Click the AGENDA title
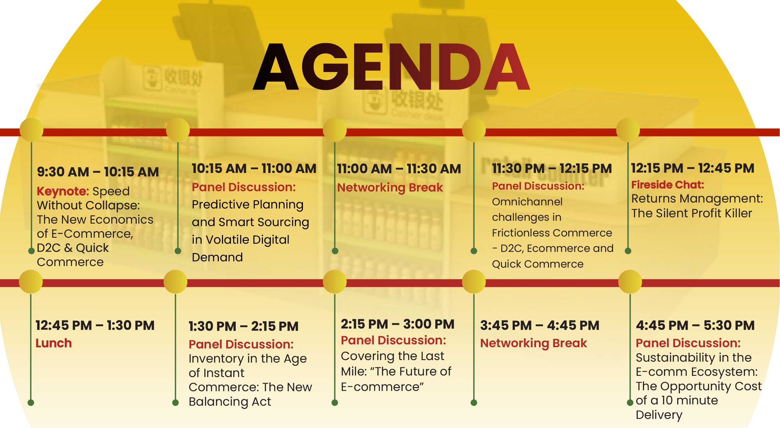click(391, 67)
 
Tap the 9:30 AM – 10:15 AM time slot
click(98, 172)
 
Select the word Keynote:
click(63, 192)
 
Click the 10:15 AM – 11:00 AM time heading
click(254, 169)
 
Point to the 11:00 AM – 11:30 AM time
click(399, 169)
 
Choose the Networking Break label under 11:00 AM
click(390, 188)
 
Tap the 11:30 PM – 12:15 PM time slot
click(552, 169)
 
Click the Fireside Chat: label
click(667, 185)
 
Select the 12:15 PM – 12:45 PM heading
click(693, 168)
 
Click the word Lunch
click(54, 343)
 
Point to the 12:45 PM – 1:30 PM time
click(95, 325)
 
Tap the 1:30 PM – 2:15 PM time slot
click(243, 326)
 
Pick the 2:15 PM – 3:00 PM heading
click(398, 324)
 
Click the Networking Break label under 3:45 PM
click(534, 343)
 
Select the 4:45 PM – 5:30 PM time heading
click(695, 325)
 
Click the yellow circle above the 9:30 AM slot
click(31, 130)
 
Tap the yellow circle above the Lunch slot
click(31, 282)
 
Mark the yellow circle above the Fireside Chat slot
click(628, 130)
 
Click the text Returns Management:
click(697, 199)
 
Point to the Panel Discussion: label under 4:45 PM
click(688, 343)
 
